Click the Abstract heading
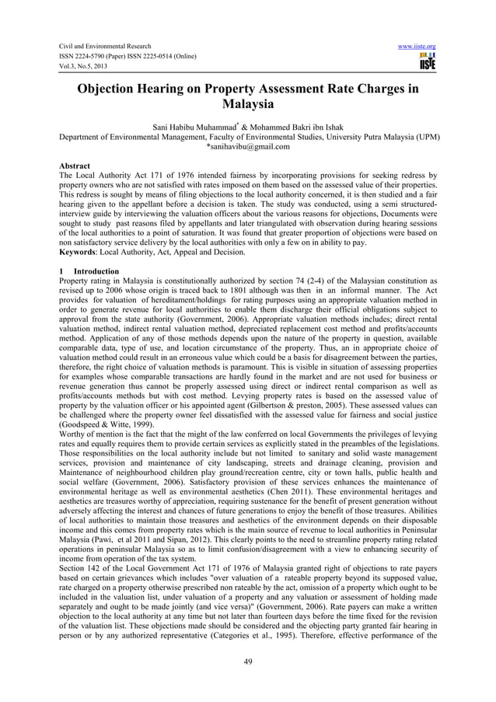click(75, 166)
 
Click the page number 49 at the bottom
click(248, 662)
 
